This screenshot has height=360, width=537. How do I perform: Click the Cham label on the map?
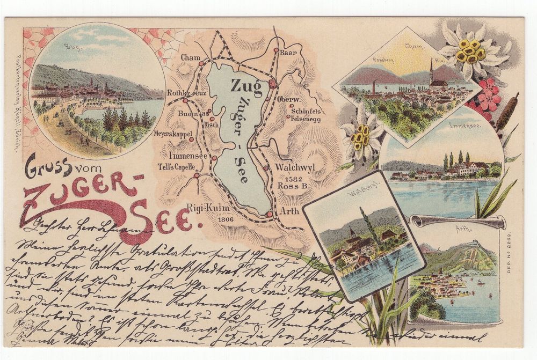click(191, 57)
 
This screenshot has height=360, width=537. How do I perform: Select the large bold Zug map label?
click(246, 85)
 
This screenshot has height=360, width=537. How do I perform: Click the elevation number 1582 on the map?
click(296, 178)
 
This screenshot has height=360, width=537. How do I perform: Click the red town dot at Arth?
click(269, 215)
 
